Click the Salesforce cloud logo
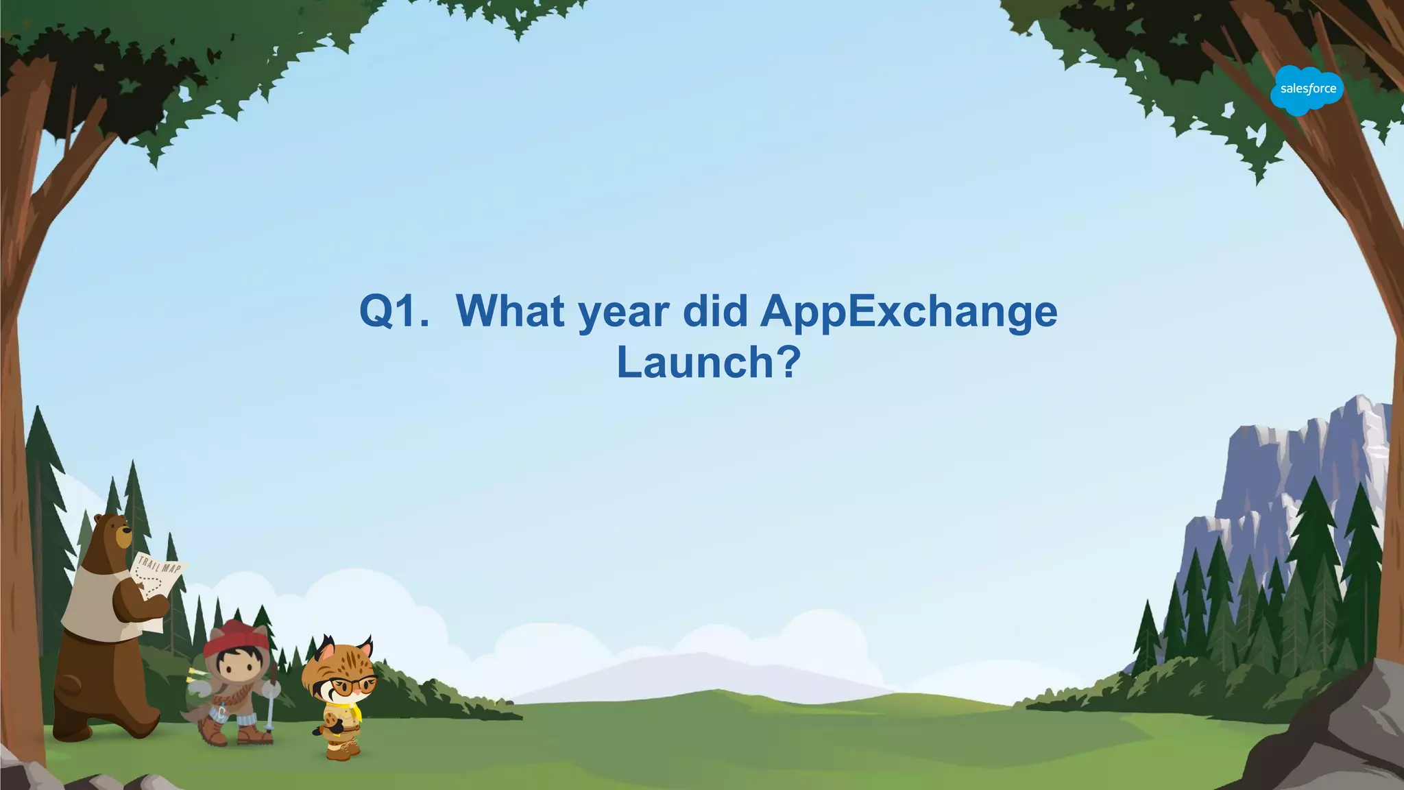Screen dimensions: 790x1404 tap(1307, 90)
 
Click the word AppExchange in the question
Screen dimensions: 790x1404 tap(908, 312)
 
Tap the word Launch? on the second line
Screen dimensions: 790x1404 tap(708, 362)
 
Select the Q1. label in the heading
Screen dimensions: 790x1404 tap(394, 312)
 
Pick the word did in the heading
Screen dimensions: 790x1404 tap(715, 312)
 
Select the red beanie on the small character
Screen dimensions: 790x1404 tap(235, 634)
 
